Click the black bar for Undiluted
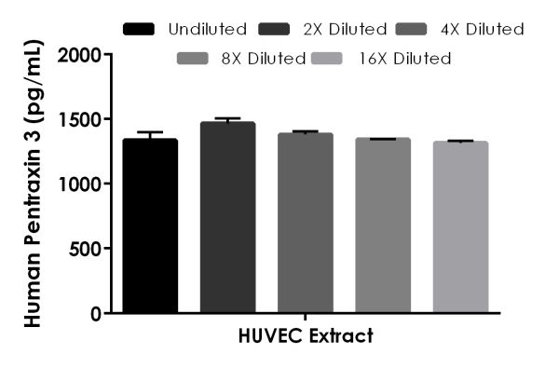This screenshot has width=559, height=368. click(149, 225)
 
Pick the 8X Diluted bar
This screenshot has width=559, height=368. click(382, 225)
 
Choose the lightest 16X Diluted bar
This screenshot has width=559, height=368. click(460, 227)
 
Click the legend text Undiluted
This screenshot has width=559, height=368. click(208, 29)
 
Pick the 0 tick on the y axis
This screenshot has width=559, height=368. click(96, 313)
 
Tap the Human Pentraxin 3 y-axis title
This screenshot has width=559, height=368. click(32, 184)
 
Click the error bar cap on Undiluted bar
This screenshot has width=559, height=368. click(149, 132)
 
